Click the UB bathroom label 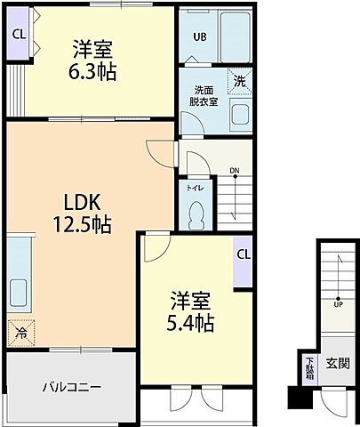point(200,37)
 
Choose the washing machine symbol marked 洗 point(241,80)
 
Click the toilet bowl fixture point(196,213)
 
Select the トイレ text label point(194,188)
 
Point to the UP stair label point(338,303)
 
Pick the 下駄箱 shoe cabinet point(310,367)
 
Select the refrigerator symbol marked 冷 point(20,333)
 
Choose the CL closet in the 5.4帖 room point(243,254)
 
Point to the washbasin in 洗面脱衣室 point(240,113)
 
